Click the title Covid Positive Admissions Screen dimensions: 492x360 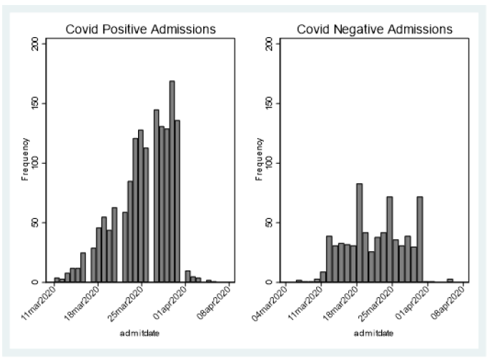[141, 29]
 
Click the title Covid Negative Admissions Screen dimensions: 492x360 [375, 29]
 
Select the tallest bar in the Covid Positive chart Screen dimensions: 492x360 [172, 182]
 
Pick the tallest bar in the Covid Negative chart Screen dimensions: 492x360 [360, 233]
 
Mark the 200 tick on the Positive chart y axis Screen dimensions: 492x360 [36, 44]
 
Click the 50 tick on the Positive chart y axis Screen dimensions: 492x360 [36, 223]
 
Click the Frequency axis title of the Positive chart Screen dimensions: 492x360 [25, 160]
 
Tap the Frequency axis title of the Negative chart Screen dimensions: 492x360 [259, 160]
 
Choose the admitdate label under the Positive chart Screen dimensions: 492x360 [139, 333]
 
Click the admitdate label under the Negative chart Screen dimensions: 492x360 [374, 333]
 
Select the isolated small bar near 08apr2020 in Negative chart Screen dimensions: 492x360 [450, 281]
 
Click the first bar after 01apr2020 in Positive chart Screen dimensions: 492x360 [187, 276]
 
